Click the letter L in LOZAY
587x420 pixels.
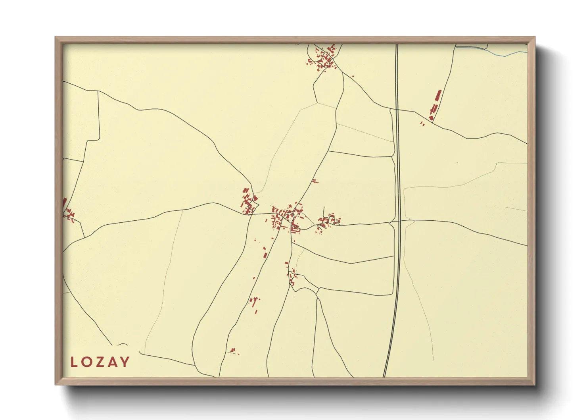(74, 362)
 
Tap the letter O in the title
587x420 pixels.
(87, 362)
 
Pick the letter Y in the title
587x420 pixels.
(125, 362)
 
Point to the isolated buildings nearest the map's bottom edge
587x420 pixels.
(233, 351)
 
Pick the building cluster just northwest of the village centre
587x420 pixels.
(248, 202)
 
